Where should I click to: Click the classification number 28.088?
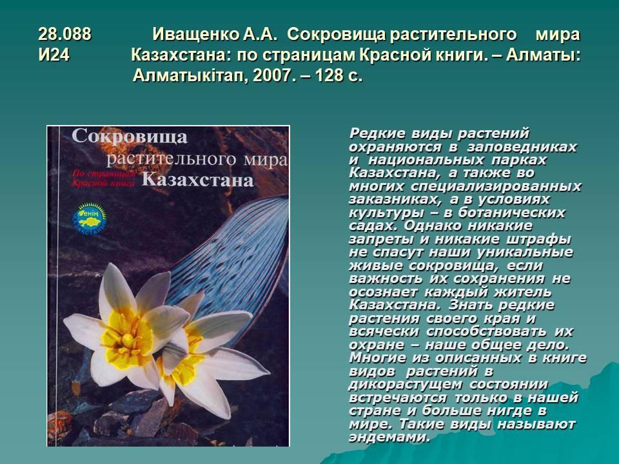click(64, 34)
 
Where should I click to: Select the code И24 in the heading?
click(54, 55)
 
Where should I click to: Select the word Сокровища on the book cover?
click(130, 137)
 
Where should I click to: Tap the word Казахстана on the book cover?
click(197, 180)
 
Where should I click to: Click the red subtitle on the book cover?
click(104, 179)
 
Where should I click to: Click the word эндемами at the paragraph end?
click(389, 437)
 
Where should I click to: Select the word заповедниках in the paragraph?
click(522, 147)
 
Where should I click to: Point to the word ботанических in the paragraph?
click(511, 213)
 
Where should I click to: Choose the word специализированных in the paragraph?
click(496, 186)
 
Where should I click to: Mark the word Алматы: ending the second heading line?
click(544, 55)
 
